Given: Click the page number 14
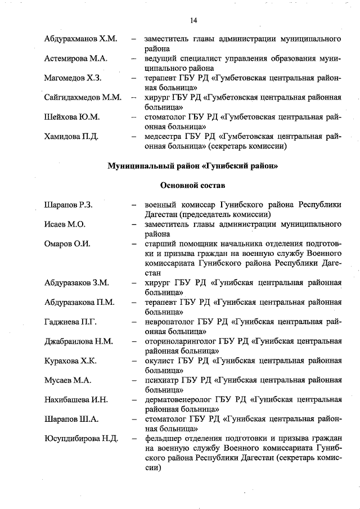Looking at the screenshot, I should pos(193,21).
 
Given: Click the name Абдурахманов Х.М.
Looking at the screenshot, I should pos(80,40).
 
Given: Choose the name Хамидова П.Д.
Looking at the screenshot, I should pos(71,137).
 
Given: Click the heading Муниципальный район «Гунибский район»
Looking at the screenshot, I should pos(193,166).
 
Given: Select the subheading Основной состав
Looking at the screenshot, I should pos(193,185).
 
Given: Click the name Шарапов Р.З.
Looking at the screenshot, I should pos(68,205).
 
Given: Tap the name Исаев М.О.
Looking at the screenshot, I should pos(65,224).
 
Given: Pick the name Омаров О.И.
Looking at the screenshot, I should pos(67,244).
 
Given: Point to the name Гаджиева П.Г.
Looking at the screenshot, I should pos(71,322).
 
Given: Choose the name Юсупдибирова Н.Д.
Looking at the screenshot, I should pos(82,439).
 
